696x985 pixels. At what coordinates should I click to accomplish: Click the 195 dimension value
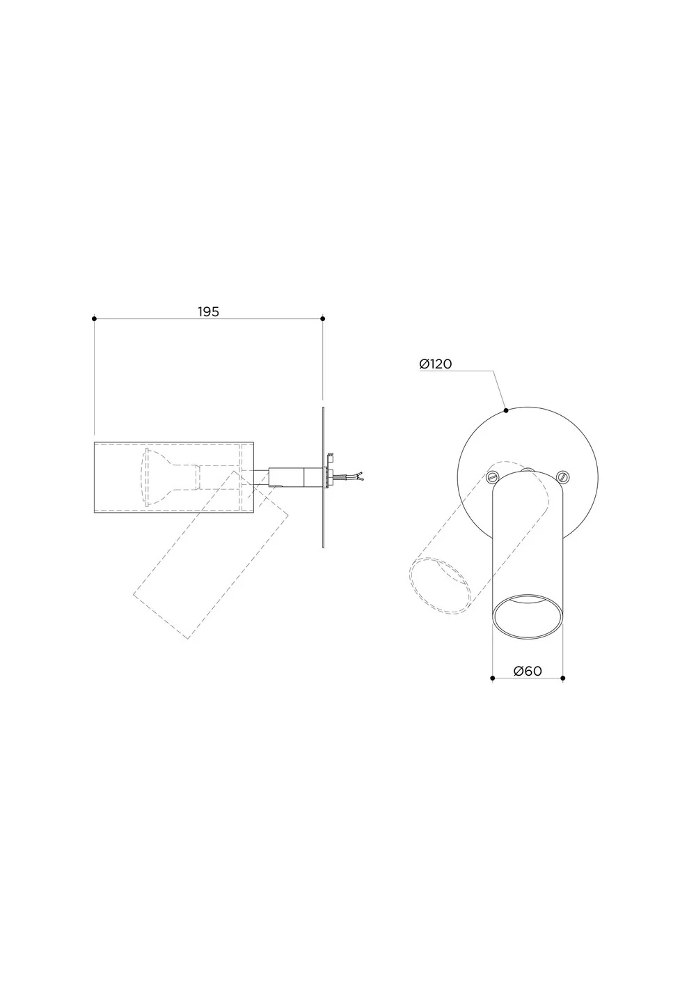pyautogui.click(x=208, y=312)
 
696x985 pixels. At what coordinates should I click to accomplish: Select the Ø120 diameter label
pyautogui.click(x=436, y=364)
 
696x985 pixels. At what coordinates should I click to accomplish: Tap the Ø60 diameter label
pyautogui.click(x=528, y=671)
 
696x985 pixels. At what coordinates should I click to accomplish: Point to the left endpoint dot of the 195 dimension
pyautogui.click(x=95, y=318)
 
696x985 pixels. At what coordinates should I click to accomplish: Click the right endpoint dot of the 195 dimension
pyautogui.click(x=323, y=318)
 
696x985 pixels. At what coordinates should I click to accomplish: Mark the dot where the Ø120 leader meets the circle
pyautogui.click(x=506, y=410)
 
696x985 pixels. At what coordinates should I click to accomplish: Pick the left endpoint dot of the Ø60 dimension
pyautogui.click(x=493, y=678)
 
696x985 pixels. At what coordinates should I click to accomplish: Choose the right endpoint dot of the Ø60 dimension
pyautogui.click(x=563, y=678)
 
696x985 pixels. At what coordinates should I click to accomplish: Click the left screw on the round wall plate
pyautogui.click(x=493, y=476)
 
